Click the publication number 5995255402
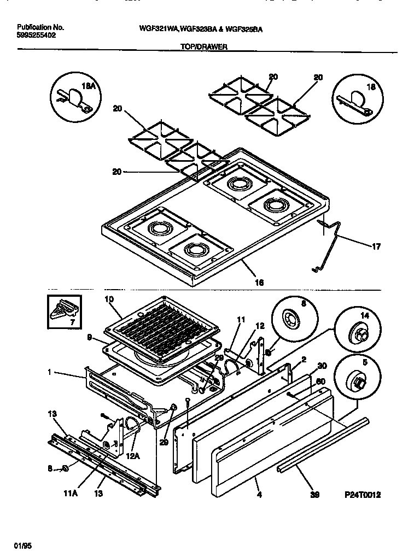click(36, 35)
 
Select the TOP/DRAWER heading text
click(204, 47)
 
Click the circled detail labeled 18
click(355, 97)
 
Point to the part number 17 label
click(376, 246)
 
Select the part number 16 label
click(260, 283)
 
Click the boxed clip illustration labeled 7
click(65, 312)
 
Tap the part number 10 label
click(108, 299)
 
